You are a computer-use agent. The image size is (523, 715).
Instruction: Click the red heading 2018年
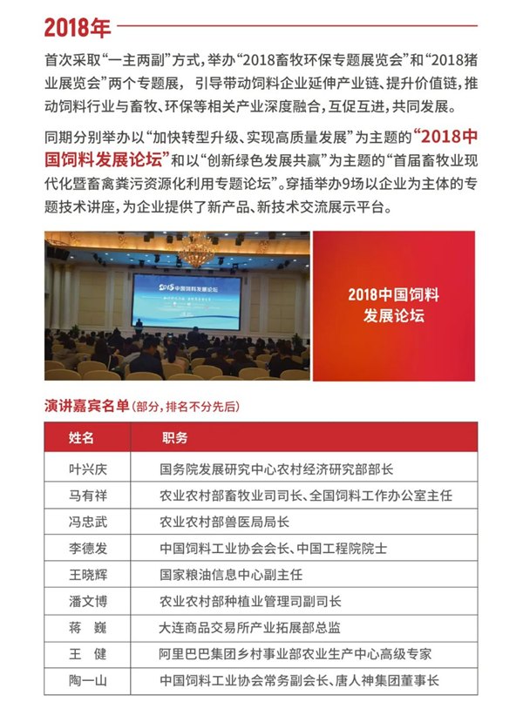pyautogui.click(x=78, y=27)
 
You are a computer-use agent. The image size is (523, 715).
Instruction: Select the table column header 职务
pyautogui.click(x=174, y=437)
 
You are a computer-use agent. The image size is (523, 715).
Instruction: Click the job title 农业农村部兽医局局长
pyautogui.click(x=224, y=523)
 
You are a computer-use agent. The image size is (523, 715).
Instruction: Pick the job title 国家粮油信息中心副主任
pyautogui.click(x=230, y=575)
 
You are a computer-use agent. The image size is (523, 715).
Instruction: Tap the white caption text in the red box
pyautogui.click(x=393, y=306)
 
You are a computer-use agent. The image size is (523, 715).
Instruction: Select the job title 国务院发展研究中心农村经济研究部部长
pyautogui.click(x=276, y=469)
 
